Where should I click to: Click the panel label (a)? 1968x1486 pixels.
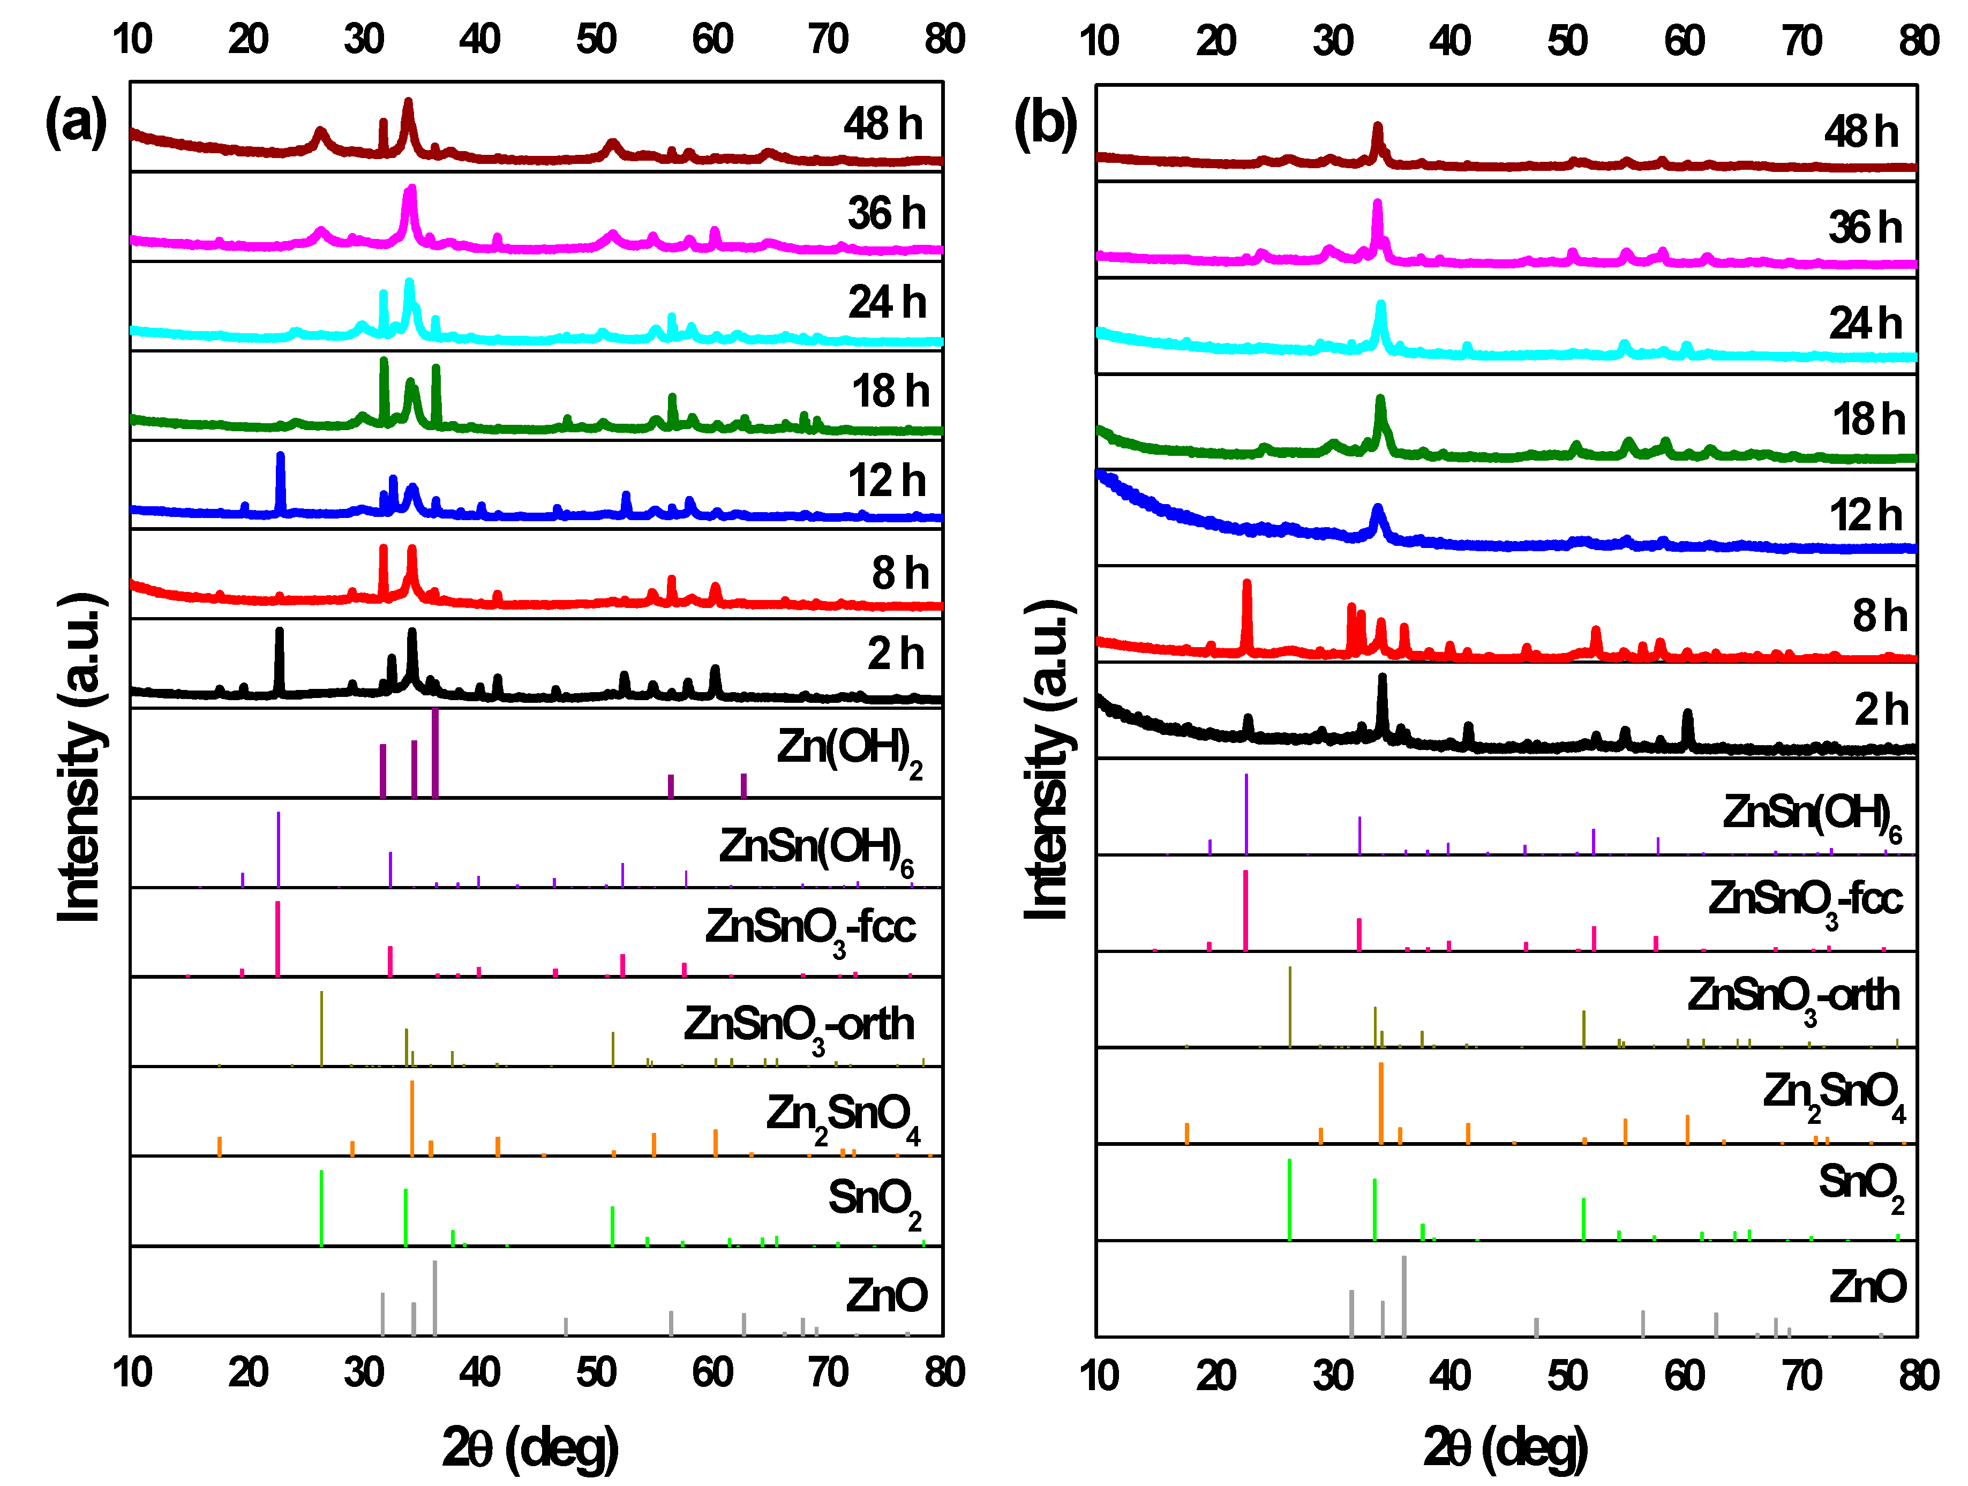(x=77, y=122)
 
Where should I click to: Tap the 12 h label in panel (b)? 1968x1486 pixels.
(x=1866, y=516)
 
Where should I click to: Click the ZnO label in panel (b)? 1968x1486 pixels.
(x=1867, y=1287)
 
